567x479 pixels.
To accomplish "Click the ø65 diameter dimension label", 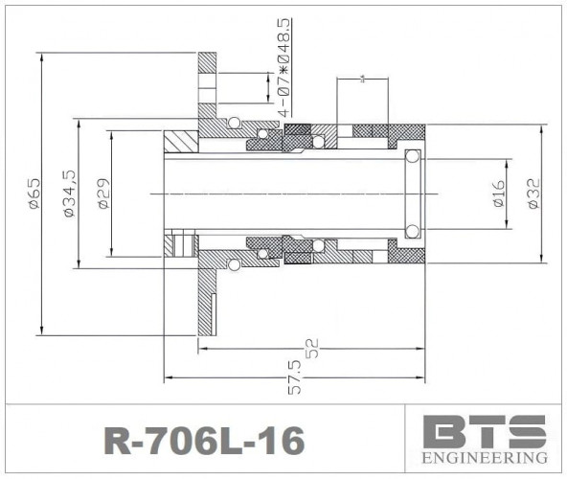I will (33, 193).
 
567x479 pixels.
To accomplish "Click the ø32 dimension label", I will (533, 193).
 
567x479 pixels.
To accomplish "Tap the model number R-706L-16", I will (203, 440).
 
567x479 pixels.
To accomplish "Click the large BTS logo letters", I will (485, 431).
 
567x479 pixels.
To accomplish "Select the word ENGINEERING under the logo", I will (485, 458).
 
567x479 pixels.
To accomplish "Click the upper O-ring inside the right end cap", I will (413, 156).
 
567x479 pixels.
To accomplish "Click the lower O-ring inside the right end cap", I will (413, 231).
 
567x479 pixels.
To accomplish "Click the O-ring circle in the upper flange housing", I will (233, 123).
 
